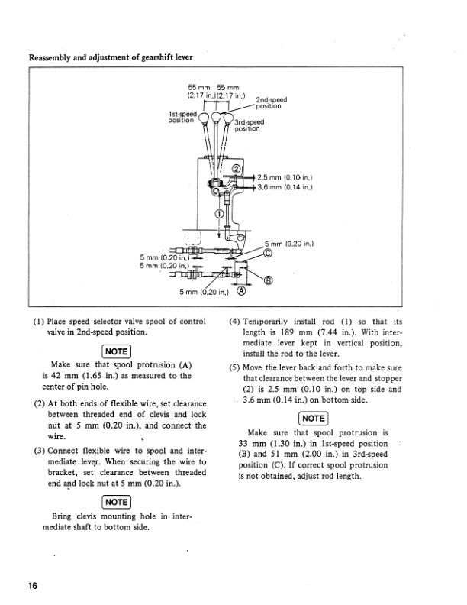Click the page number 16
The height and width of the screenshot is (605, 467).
pos(33,586)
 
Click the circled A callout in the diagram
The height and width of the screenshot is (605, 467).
pos(243,291)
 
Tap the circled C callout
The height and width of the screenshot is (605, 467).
pos(268,254)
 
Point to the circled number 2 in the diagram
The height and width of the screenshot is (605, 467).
pos(236,169)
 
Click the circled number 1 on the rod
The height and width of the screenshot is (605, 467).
pos(220,213)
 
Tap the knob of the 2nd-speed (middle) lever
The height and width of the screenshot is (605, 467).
pos(216,117)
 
